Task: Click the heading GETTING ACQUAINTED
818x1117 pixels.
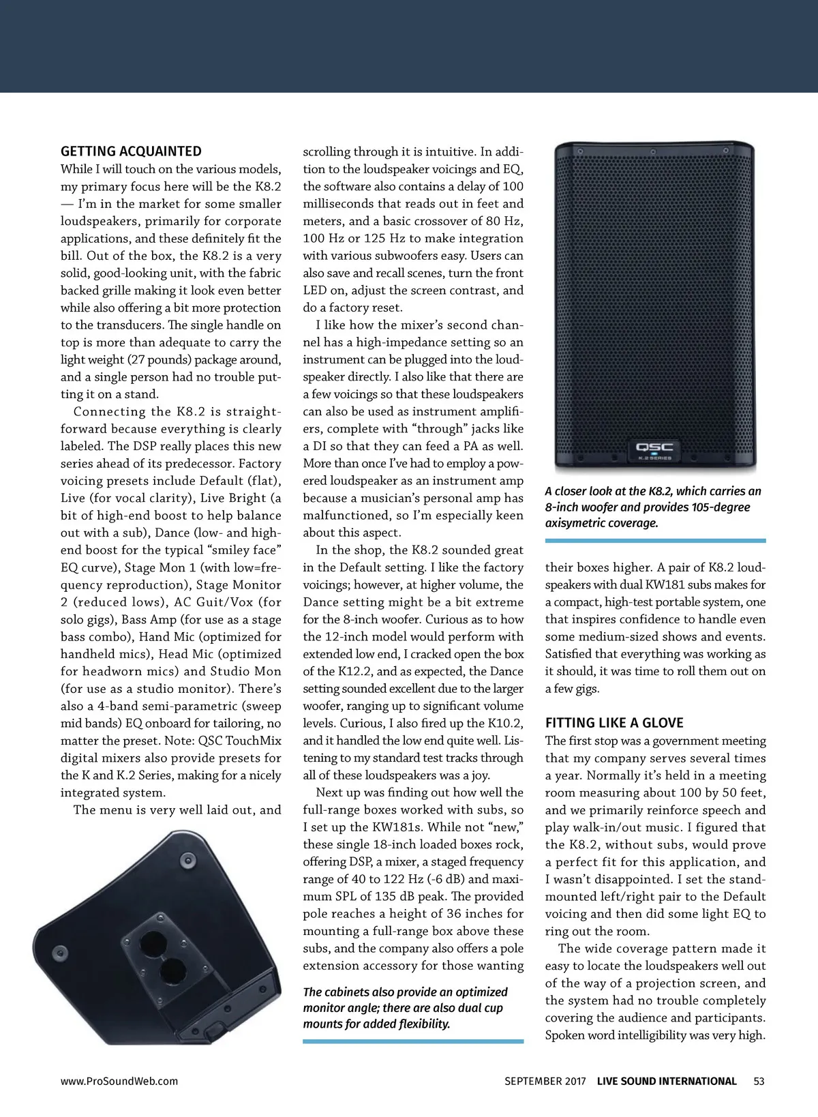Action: coord(131,151)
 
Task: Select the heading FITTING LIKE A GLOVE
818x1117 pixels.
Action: coord(614,723)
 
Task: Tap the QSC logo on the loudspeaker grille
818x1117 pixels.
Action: coord(654,447)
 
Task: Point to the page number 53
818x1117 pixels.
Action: coord(759,1081)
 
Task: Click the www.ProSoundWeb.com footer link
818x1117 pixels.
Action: coord(119,1081)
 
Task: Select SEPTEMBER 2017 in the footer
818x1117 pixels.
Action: coord(545,1081)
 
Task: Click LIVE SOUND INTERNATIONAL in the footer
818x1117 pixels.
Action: coord(667,1081)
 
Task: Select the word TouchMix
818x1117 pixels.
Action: coord(253,740)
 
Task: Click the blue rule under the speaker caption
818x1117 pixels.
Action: coord(655,541)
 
